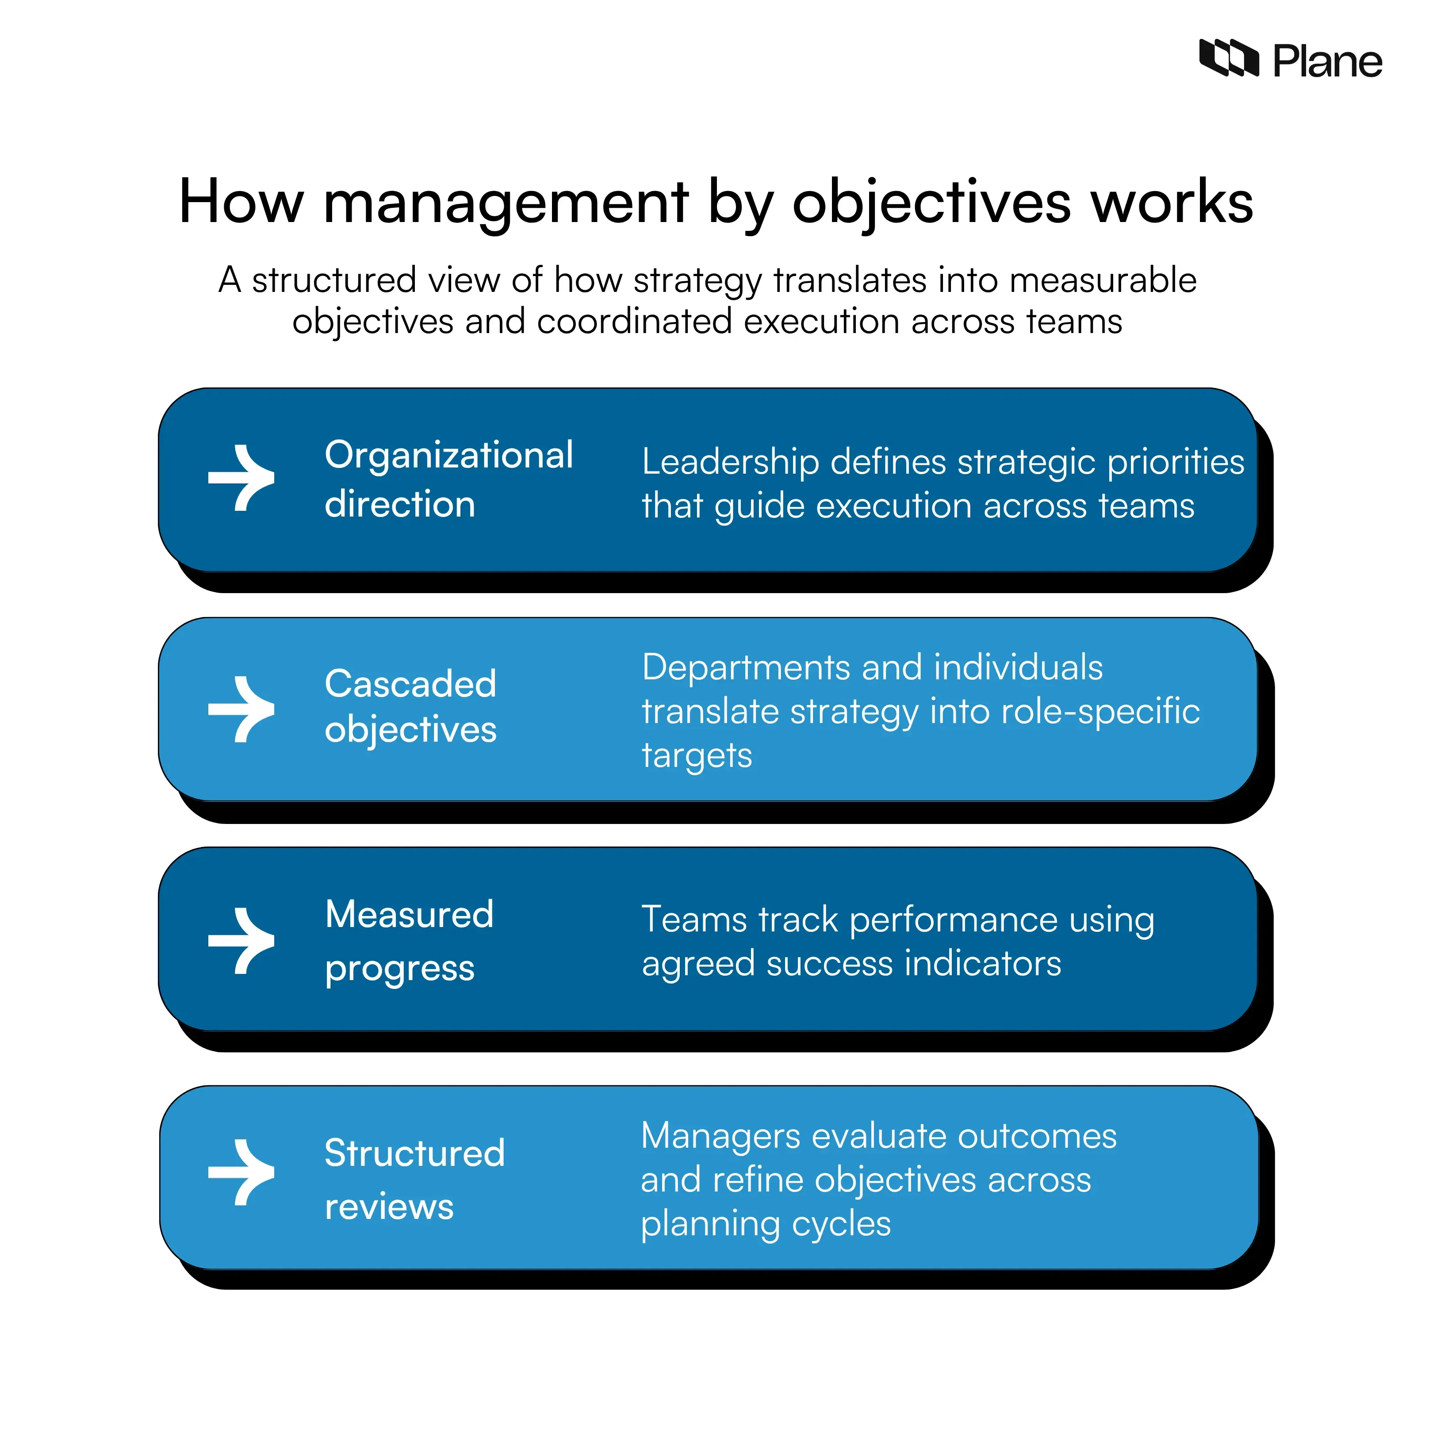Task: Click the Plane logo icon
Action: point(1228,58)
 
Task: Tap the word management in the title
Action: point(506,203)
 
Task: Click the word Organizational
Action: point(449,456)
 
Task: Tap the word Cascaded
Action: point(410,684)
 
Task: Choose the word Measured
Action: point(410,915)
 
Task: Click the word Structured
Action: point(414,1153)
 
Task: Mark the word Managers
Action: point(720,1136)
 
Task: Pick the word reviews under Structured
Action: point(389,1207)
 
